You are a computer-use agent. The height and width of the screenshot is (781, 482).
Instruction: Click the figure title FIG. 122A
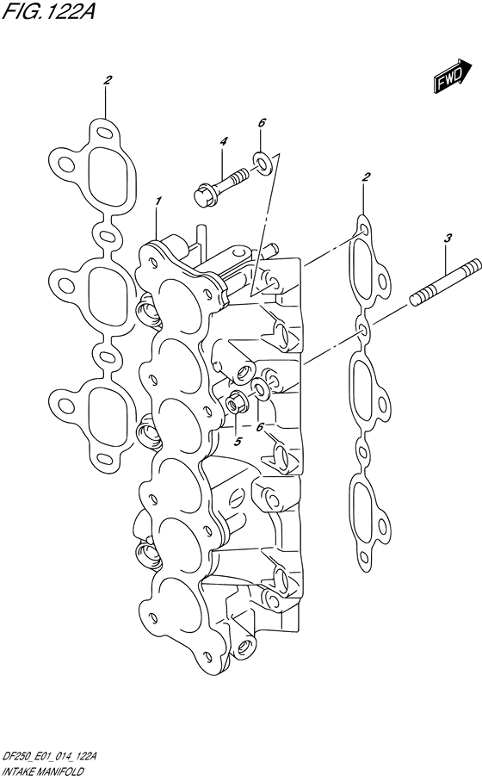[x=48, y=11]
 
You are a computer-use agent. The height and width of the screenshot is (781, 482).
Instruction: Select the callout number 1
[x=158, y=201]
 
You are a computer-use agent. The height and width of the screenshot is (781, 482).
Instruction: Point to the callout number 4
[x=224, y=142]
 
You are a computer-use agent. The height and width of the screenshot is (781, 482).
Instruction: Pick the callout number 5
[x=238, y=441]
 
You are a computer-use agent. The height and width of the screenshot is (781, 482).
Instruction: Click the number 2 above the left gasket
[x=107, y=79]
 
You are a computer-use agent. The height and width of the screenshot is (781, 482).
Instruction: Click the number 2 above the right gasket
[x=366, y=177]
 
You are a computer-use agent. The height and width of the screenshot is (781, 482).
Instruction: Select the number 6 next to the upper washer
[x=262, y=122]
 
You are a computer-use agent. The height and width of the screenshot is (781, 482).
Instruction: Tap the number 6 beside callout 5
[x=259, y=427]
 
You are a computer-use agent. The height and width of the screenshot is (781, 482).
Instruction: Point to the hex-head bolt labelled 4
[x=219, y=183]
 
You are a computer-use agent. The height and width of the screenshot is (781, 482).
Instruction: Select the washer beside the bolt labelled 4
[x=262, y=163]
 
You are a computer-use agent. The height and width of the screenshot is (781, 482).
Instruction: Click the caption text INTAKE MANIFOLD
[x=36, y=772]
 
